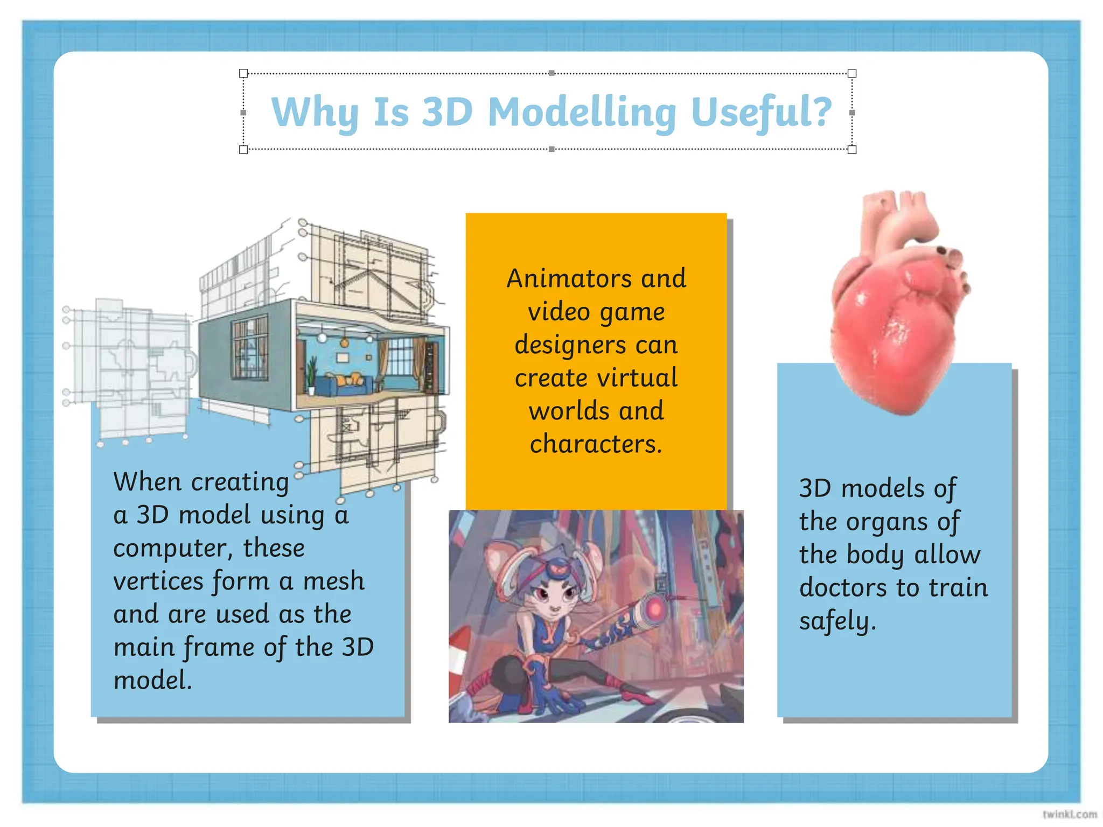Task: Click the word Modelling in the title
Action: click(582, 112)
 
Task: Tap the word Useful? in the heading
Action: click(761, 112)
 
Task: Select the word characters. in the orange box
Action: click(596, 444)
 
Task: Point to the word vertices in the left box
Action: click(159, 581)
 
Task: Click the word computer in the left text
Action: click(172, 549)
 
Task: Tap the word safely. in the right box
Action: click(837, 621)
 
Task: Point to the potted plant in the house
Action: click(311, 374)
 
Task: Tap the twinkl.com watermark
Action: click(1069, 814)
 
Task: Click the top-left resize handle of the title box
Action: click(243, 73)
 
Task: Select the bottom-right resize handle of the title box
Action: click(852, 149)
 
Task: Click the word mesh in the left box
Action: click(333, 581)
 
